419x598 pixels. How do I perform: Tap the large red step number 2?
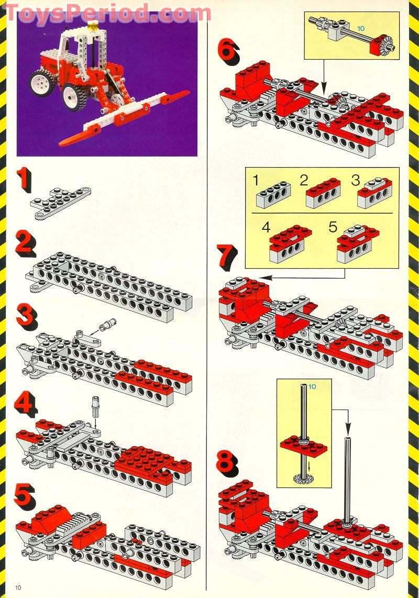point(26,243)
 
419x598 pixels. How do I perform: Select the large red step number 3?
point(27,317)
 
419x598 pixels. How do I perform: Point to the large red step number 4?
point(26,404)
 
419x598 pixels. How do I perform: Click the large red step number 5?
point(25,497)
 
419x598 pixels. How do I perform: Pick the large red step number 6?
point(228,52)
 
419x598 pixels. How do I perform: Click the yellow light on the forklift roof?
point(92,26)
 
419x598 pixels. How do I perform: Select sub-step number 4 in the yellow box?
point(266,227)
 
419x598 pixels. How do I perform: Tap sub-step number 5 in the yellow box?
point(333,227)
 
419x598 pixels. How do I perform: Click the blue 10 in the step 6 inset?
point(361,29)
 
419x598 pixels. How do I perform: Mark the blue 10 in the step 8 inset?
point(312,387)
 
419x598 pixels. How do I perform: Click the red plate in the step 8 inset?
point(304,446)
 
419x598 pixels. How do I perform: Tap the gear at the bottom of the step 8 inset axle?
point(304,478)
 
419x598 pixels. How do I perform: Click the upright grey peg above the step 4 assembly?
point(95,408)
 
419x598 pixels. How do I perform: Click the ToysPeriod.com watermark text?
point(108,13)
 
